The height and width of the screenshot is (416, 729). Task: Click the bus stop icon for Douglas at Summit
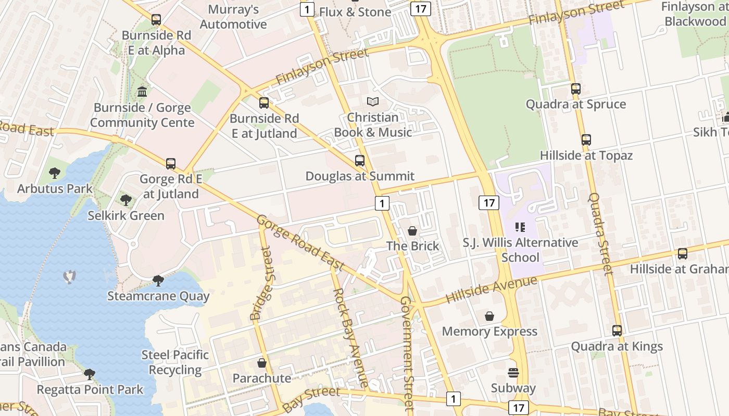coord(360,161)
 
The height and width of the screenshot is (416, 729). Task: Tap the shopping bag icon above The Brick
coord(412,231)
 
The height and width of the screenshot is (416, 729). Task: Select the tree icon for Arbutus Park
coord(55,173)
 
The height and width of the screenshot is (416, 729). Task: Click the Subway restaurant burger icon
coord(513,373)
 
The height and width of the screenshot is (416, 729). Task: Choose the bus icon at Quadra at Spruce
coord(575,89)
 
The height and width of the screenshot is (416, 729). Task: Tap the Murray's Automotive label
coord(233,17)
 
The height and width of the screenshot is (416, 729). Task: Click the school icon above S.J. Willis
coord(520,227)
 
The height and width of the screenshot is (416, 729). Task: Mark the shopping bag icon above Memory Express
coord(489,316)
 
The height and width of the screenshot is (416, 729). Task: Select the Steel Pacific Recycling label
coord(175,362)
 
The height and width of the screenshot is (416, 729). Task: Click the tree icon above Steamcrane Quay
coord(158,281)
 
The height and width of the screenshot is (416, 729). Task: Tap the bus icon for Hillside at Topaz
coord(586,140)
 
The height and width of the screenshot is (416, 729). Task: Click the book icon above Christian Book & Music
coord(373,102)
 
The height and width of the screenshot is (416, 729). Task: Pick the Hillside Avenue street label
coord(492,290)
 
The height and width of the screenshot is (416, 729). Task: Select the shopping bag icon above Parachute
coord(262,363)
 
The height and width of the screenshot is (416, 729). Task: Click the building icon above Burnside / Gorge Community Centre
coord(142,92)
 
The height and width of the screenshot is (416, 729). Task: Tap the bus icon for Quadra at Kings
coord(617,331)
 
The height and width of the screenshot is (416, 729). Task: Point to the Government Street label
coord(407,353)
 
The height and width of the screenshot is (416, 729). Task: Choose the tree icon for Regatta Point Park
coord(90,374)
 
